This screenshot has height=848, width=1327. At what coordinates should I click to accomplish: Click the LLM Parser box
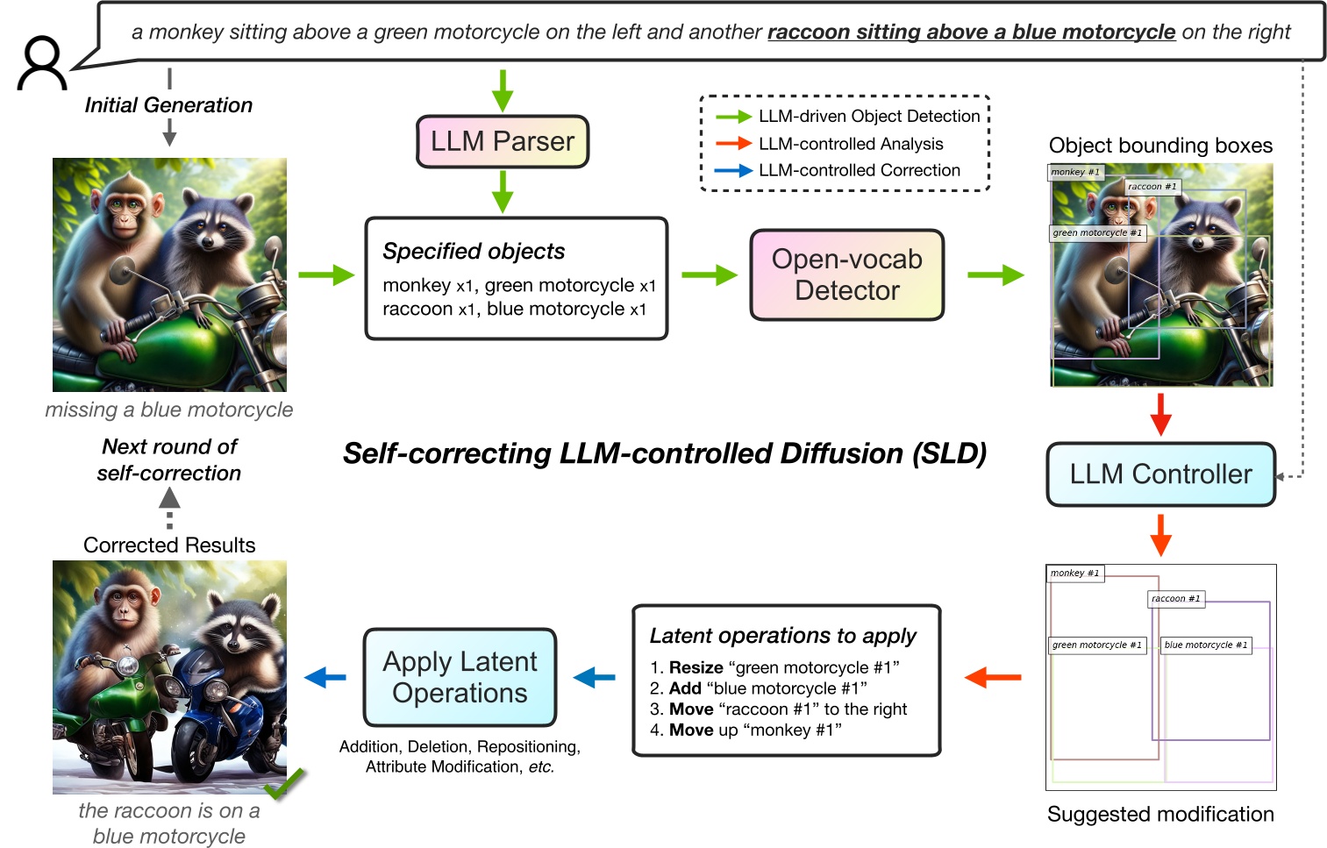click(x=502, y=141)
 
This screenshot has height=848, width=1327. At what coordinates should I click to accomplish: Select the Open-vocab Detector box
click(x=846, y=275)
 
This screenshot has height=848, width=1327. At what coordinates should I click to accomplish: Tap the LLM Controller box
click(x=1159, y=474)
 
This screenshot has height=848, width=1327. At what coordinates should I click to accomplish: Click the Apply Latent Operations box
click(x=460, y=677)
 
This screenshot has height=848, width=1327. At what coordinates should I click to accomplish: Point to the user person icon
click(x=41, y=63)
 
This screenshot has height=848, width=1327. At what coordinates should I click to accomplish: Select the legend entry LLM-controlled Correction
click(x=859, y=170)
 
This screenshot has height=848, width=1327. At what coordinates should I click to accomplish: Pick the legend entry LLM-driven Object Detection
click(x=868, y=116)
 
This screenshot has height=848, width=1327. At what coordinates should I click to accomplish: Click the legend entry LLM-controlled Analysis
click(x=850, y=144)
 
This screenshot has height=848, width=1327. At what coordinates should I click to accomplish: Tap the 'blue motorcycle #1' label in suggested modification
click(x=1205, y=645)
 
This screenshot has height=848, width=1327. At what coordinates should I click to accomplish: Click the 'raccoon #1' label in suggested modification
click(x=1175, y=599)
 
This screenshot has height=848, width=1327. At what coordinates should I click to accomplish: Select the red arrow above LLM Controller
click(x=1160, y=414)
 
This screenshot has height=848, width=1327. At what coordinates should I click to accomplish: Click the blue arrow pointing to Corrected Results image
click(x=325, y=677)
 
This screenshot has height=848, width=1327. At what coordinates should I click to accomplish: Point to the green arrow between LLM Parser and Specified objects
click(x=502, y=191)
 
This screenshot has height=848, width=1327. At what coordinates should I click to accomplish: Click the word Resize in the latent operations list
click(x=696, y=667)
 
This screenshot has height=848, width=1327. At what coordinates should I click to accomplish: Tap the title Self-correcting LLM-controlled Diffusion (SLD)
click(x=664, y=453)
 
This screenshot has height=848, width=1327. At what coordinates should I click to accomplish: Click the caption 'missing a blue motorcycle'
click(x=169, y=410)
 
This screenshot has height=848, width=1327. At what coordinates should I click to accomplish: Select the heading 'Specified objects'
click(x=474, y=252)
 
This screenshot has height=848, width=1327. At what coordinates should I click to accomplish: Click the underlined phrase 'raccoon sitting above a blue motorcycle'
click(x=970, y=32)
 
